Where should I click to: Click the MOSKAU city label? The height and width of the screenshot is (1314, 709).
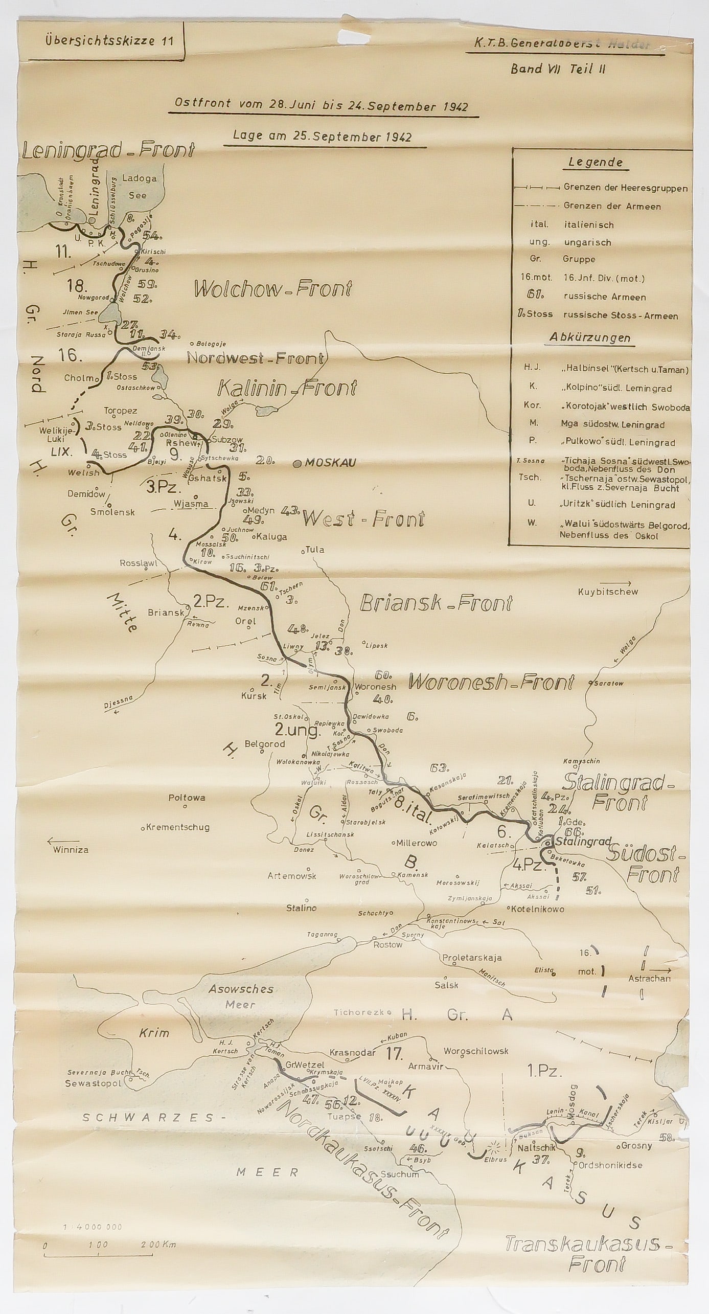point(330,463)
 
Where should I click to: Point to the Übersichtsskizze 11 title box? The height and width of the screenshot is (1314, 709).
point(101,41)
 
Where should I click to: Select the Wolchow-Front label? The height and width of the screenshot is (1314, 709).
point(273,289)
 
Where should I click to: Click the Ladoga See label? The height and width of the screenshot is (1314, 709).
point(139,187)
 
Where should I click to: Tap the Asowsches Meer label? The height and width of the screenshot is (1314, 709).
point(241,996)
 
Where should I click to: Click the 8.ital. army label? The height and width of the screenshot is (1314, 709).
point(414,809)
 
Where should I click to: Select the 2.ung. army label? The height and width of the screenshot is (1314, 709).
point(297,730)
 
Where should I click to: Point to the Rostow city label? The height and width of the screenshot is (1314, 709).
point(387,944)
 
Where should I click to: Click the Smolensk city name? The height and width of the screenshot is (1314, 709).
point(112,512)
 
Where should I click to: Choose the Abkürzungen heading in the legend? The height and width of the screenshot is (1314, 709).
point(590,338)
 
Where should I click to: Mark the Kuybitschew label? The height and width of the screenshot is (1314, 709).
point(608,592)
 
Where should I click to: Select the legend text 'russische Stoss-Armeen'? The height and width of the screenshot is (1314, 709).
point(621,315)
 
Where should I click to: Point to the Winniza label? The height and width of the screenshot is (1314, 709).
point(71,850)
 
